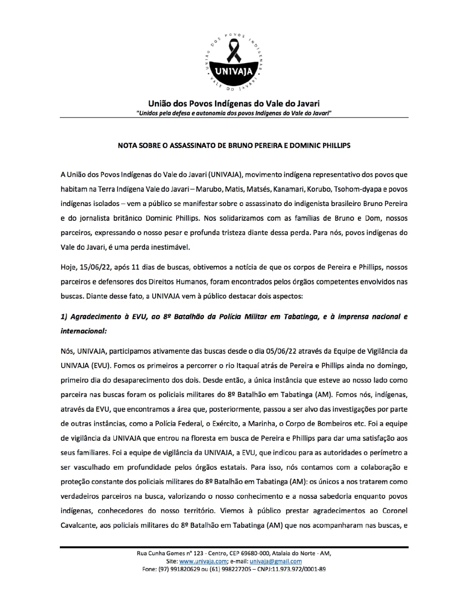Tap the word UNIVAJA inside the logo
[x=234, y=71]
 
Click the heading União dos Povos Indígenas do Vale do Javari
[x=234, y=103]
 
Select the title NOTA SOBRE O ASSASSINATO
[x=234, y=145]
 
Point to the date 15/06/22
[x=95, y=267]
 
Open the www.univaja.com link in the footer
[x=203, y=562]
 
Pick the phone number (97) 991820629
[x=177, y=569]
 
